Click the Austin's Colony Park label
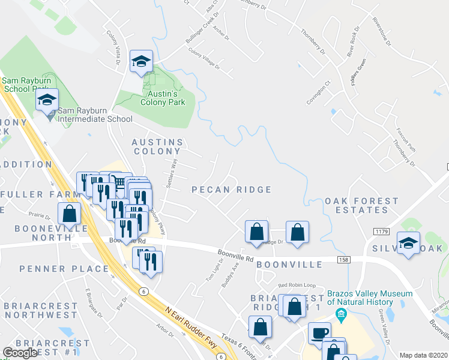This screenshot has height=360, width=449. [163, 98]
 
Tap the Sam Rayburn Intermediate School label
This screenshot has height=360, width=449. [95, 118]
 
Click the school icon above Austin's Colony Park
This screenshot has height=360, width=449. [142, 62]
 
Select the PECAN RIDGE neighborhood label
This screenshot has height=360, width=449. [231, 190]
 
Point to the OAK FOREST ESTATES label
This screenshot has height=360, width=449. [362, 205]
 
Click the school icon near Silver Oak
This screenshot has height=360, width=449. [408, 244]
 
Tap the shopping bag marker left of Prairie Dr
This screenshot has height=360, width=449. [70, 214]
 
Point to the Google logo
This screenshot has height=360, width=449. [20, 353]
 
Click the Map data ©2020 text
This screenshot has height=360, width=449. [423, 355]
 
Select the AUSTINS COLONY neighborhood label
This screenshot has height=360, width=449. [157, 146]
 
